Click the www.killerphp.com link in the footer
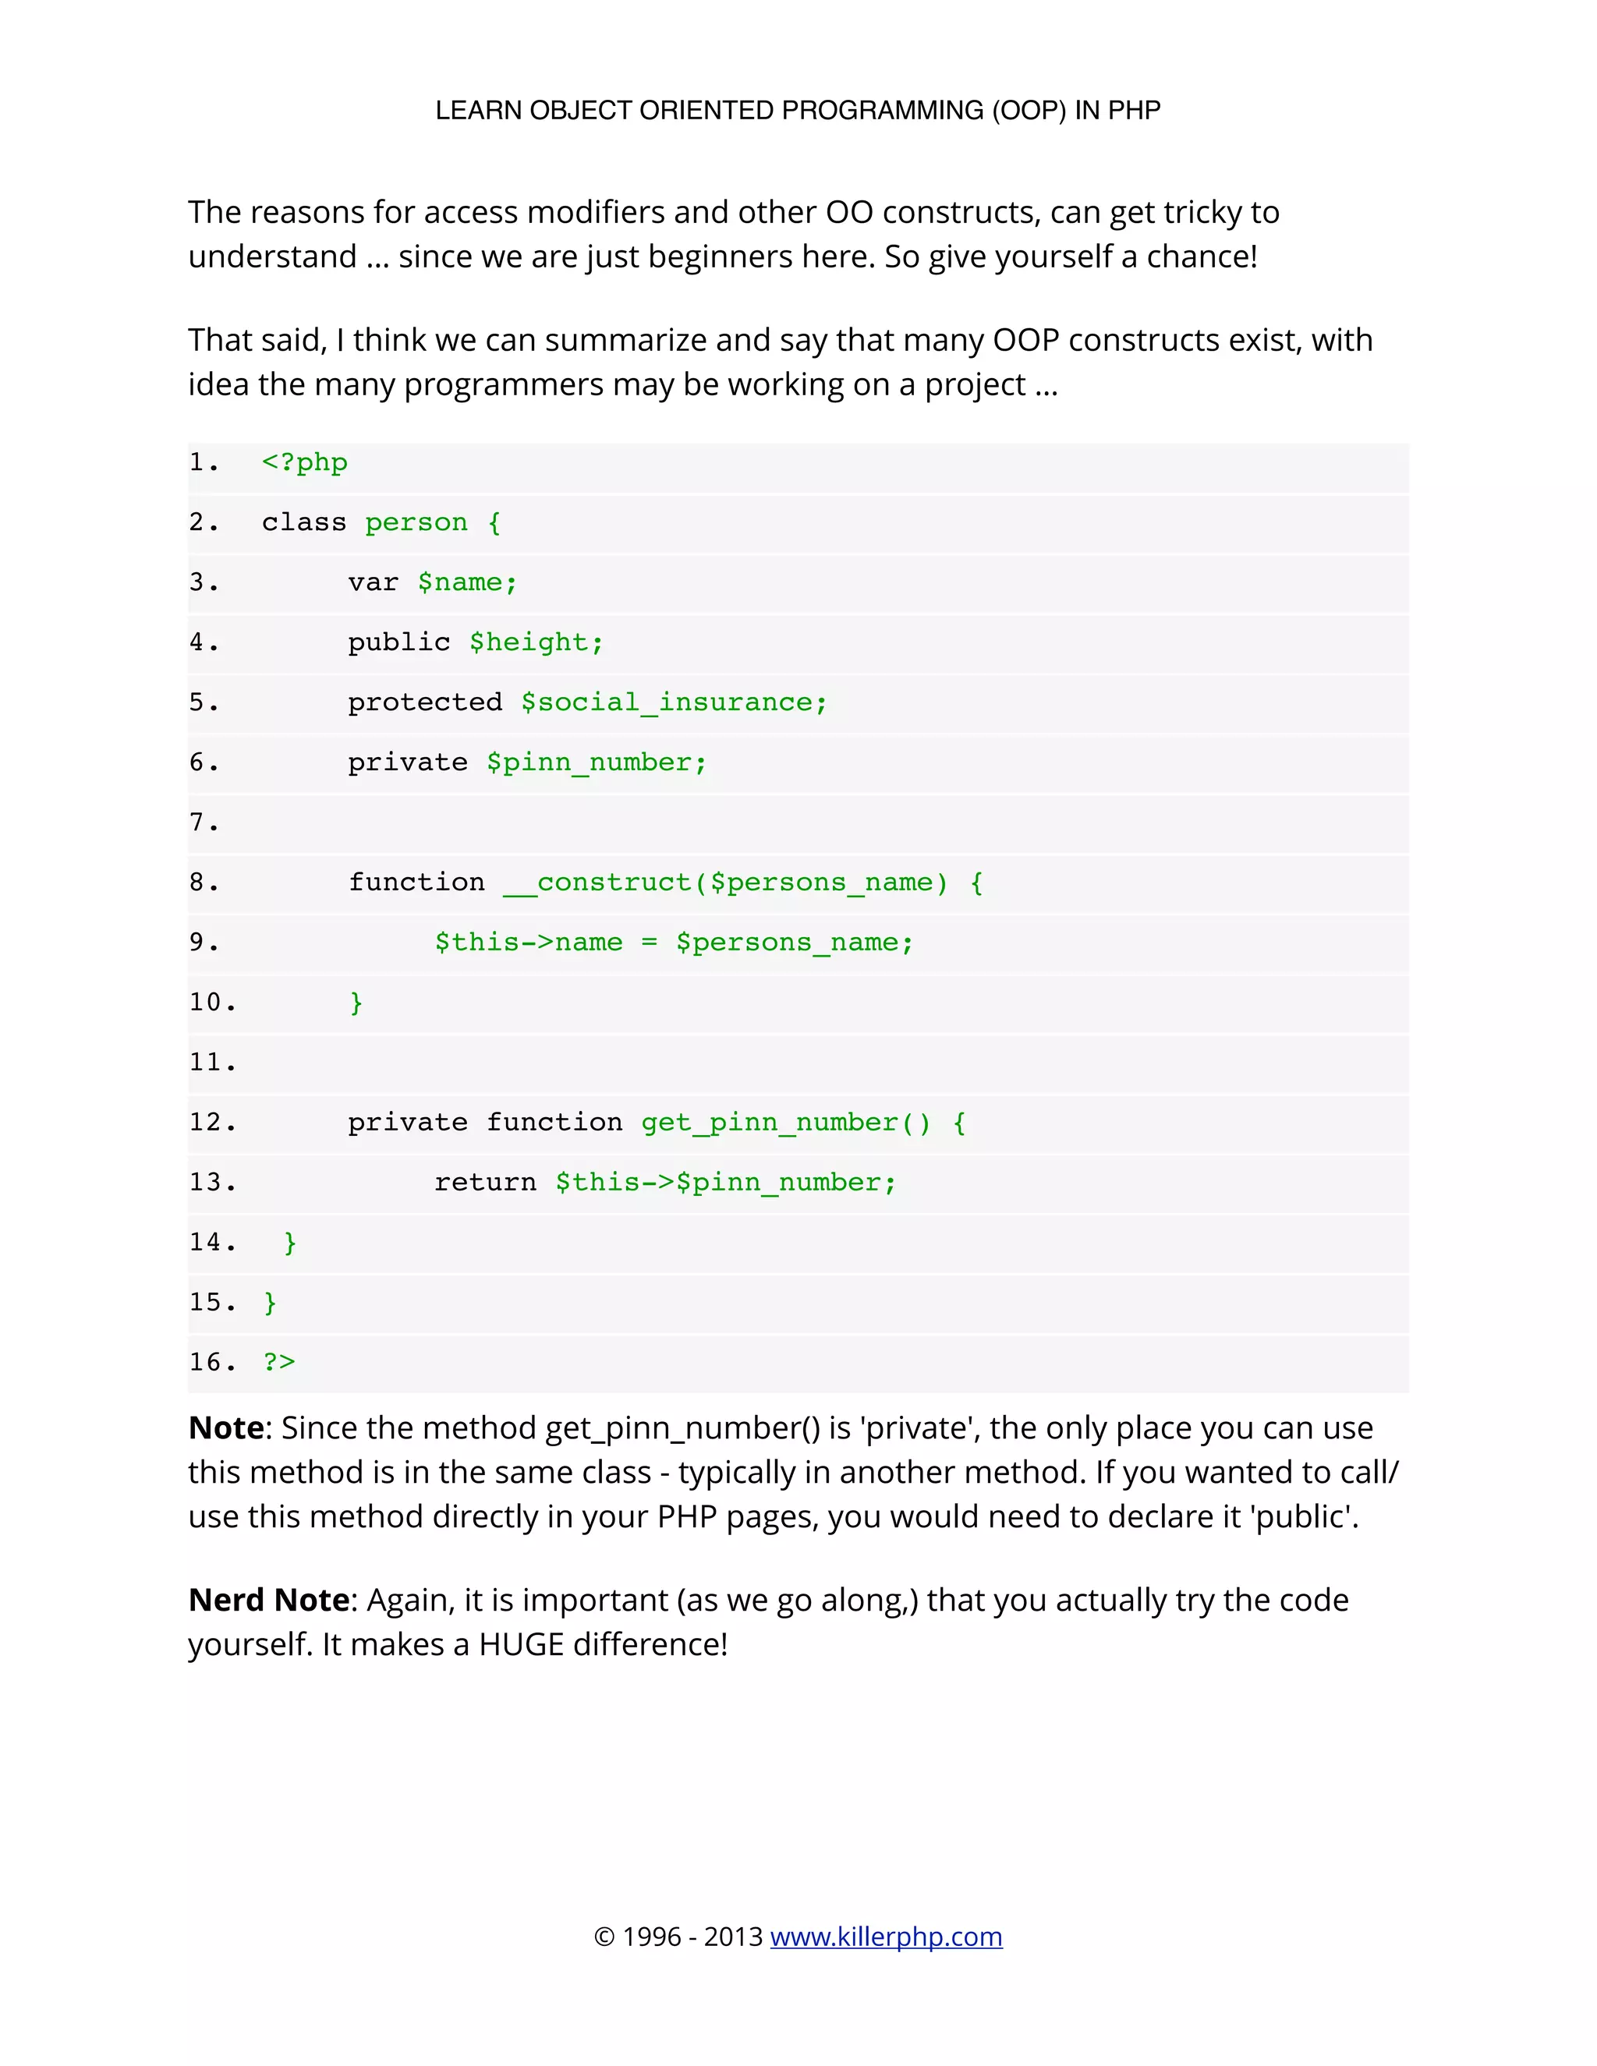(x=886, y=1937)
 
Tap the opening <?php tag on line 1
(x=305, y=462)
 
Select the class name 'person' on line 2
(x=416, y=522)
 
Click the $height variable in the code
(x=536, y=642)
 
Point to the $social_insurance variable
(x=674, y=702)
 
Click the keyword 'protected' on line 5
(x=425, y=702)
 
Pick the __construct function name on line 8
(x=597, y=883)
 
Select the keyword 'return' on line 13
(x=484, y=1183)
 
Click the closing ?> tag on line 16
(x=279, y=1362)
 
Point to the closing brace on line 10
(x=356, y=1003)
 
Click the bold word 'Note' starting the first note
(x=226, y=1427)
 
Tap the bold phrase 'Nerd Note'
(x=270, y=1600)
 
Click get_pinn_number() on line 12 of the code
(x=785, y=1123)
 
